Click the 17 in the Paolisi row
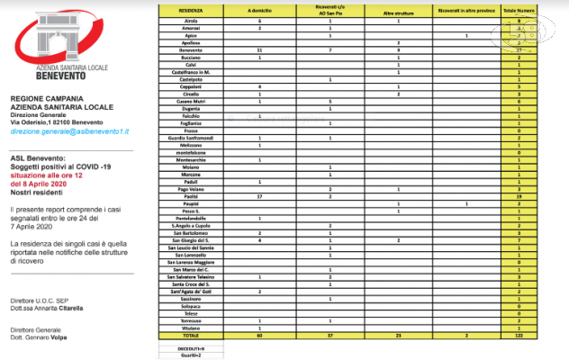(x=259, y=194)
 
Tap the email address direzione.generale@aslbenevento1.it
(x=71, y=130)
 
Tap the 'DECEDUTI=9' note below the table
(x=192, y=345)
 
